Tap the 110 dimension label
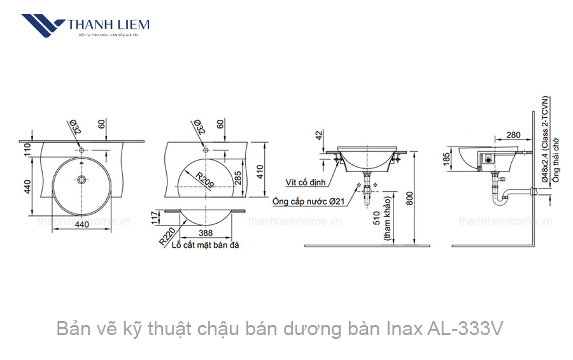click(28, 150)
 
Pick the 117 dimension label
click(155, 218)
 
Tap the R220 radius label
click(167, 237)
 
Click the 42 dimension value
click(318, 135)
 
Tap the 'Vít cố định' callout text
click(306, 183)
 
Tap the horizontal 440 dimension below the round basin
click(81, 225)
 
